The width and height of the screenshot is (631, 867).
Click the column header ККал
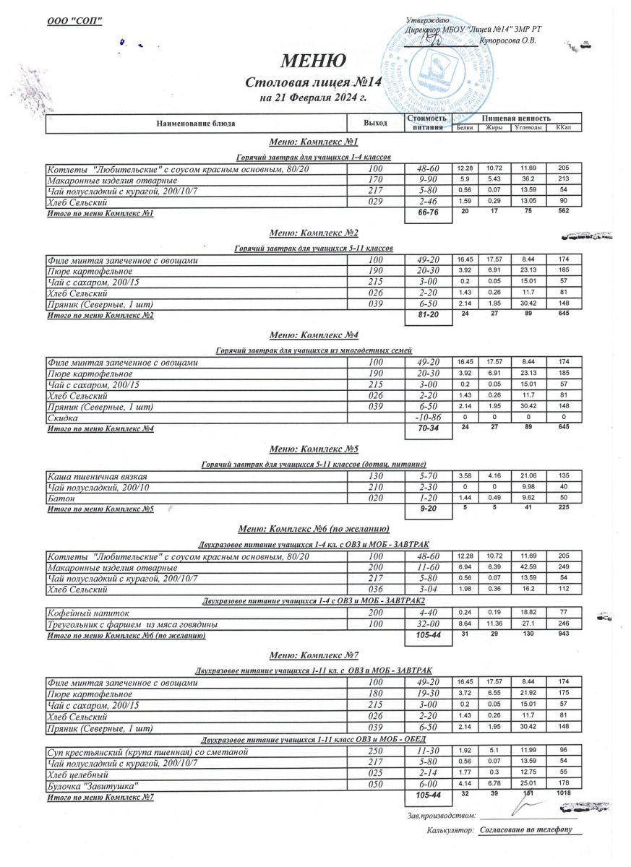(564, 129)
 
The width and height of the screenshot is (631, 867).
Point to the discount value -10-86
(429, 418)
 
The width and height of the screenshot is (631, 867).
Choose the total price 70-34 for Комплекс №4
(429, 429)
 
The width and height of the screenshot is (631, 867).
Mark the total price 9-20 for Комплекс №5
(429, 510)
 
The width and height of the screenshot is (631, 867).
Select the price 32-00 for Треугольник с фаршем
(429, 624)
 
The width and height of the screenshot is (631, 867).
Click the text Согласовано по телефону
(525, 829)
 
